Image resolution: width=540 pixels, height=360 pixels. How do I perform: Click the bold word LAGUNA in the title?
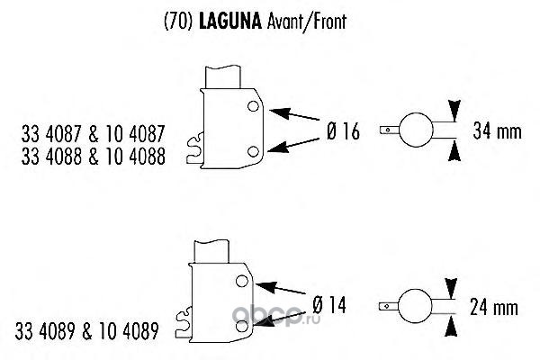(230, 22)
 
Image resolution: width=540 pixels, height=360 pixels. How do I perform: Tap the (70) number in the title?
(177, 22)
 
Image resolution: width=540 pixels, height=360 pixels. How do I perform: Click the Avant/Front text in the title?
(307, 22)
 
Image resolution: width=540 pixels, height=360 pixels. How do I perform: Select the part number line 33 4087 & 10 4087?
(94, 134)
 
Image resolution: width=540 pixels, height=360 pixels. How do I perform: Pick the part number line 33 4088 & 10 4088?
(94, 156)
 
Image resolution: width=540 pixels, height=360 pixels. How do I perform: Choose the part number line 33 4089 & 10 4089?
(86, 331)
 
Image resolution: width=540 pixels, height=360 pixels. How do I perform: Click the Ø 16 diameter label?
(343, 131)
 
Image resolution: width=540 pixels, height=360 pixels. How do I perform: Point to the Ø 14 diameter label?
(329, 305)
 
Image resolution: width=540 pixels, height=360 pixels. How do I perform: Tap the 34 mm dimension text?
(498, 130)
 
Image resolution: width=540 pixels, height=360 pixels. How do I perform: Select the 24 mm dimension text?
(494, 307)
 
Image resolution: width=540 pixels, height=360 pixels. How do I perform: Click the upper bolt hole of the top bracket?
(253, 106)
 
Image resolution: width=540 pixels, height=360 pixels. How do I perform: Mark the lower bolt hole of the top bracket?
(253, 151)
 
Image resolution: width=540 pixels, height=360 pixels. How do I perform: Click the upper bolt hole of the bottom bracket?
(242, 281)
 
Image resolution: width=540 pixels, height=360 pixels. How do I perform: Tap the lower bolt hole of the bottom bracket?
(242, 326)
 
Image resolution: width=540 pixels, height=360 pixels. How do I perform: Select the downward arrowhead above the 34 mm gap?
(454, 110)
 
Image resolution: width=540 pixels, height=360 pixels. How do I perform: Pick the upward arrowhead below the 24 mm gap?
(451, 326)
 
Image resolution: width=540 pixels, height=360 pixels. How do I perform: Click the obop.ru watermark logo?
(276, 314)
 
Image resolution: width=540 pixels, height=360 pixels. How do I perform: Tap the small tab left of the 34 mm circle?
(390, 130)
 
